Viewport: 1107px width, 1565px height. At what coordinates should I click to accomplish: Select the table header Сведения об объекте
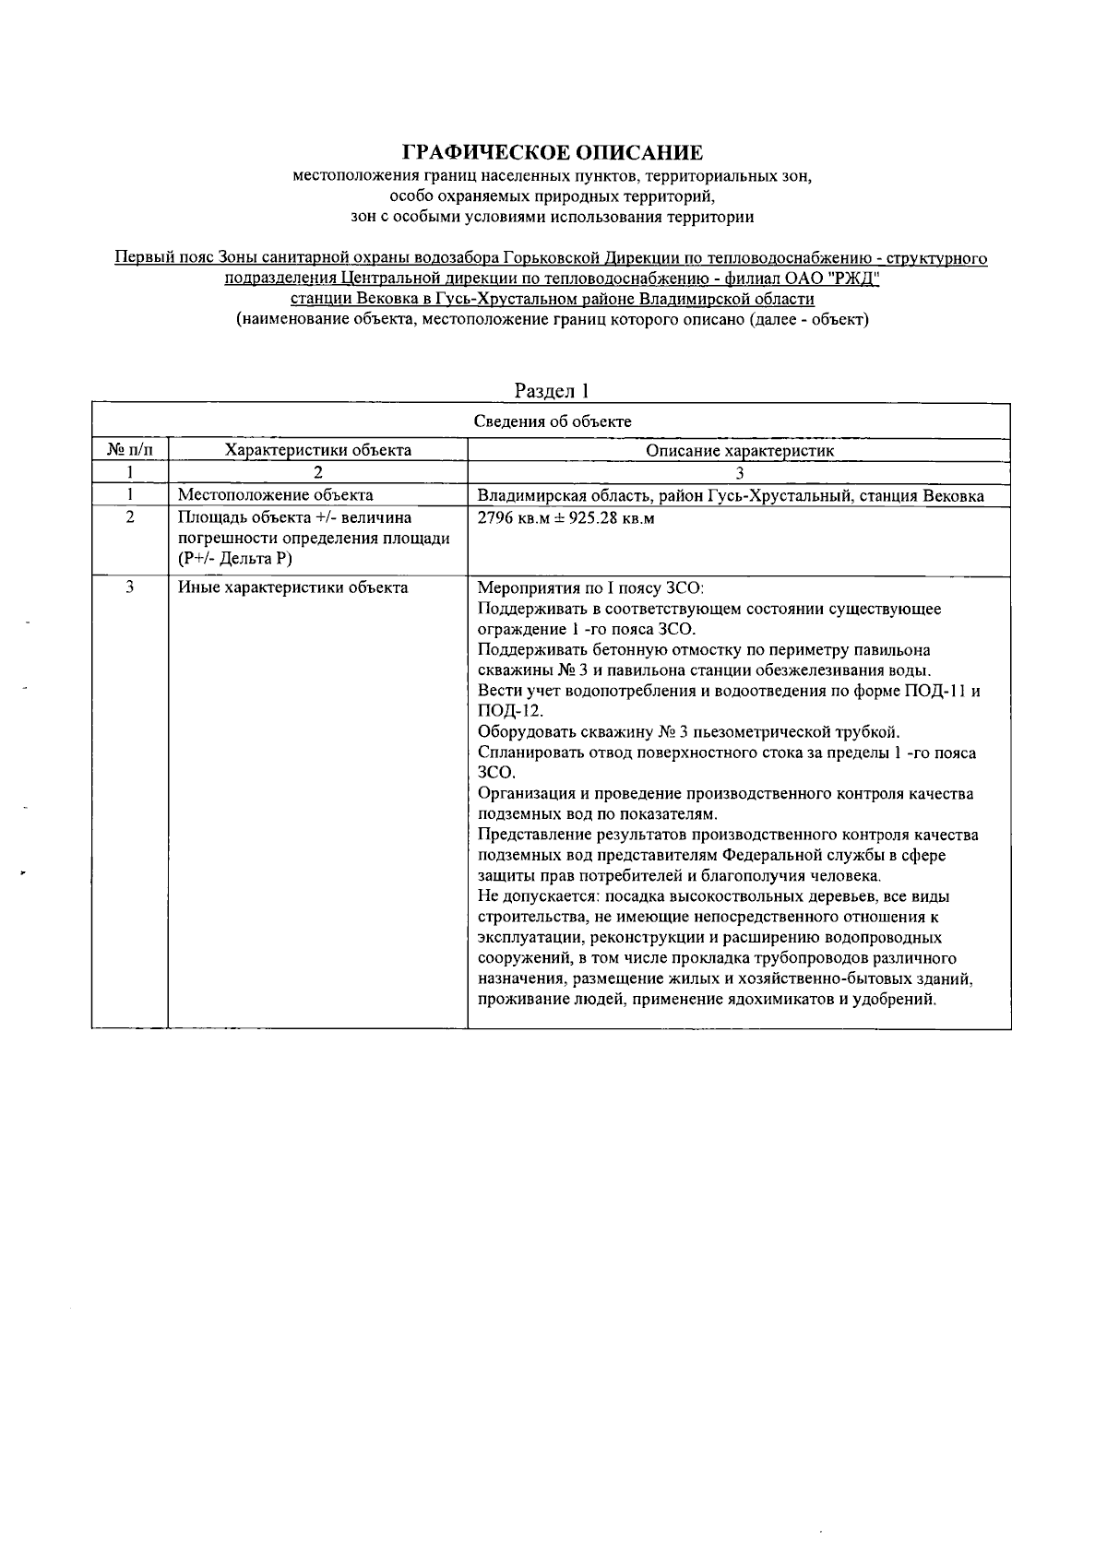[552, 421]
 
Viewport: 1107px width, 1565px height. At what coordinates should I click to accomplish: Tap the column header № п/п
[130, 451]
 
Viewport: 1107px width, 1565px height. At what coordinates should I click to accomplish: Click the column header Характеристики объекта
[318, 451]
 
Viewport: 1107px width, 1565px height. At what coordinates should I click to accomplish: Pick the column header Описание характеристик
[739, 451]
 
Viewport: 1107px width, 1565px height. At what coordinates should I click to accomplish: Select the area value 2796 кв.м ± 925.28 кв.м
[566, 518]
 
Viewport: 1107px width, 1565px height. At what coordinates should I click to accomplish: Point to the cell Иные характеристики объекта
[292, 587]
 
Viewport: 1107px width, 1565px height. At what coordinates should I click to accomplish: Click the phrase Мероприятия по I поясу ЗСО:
[590, 587]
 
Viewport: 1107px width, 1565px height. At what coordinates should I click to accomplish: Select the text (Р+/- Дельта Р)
[234, 559]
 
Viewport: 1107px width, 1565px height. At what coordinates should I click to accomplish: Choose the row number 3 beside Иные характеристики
[130, 587]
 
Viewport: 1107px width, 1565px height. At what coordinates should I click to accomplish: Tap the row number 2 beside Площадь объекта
[130, 518]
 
